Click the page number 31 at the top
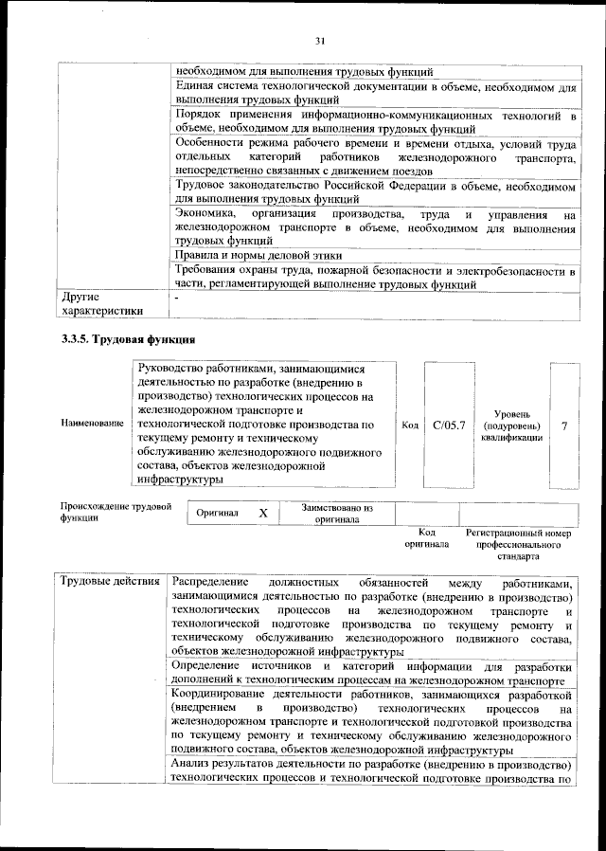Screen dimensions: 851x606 [319, 39]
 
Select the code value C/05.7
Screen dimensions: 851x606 [448, 425]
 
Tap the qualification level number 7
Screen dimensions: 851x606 [564, 425]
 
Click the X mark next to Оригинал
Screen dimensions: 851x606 [263, 513]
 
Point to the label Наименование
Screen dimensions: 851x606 [92, 422]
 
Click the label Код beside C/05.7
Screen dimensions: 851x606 [410, 425]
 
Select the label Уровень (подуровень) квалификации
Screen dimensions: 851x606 [511, 425]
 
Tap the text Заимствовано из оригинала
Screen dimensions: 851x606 [337, 514]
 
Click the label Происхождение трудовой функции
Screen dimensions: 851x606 [115, 513]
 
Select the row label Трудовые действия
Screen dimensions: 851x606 [109, 581]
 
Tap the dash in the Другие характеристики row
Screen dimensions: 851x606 [175, 297]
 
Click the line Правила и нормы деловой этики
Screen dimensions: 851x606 [258, 256]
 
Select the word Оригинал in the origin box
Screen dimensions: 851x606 [218, 513]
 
